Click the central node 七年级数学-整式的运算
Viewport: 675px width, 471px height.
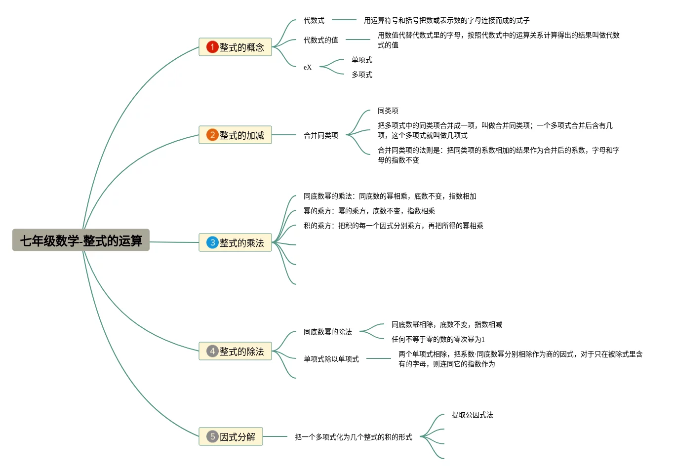click(81, 240)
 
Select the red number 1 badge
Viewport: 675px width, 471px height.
click(212, 47)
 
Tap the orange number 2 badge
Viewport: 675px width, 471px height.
click(212, 135)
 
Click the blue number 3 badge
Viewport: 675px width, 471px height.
click(212, 242)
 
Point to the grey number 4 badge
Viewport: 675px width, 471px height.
click(212, 351)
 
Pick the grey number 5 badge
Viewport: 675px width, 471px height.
click(212, 436)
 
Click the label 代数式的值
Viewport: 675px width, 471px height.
click(321, 40)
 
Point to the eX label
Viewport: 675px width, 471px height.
click(308, 67)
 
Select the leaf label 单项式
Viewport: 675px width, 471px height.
click(362, 60)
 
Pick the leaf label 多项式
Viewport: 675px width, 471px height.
click(362, 75)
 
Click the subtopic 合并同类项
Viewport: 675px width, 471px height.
click(321, 135)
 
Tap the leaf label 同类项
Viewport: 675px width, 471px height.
click(388, 111)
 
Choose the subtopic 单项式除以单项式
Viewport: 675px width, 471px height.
click(331, 359)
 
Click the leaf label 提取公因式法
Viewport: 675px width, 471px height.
click(473, 415)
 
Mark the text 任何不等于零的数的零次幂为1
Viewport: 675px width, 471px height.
click(438, 339)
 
